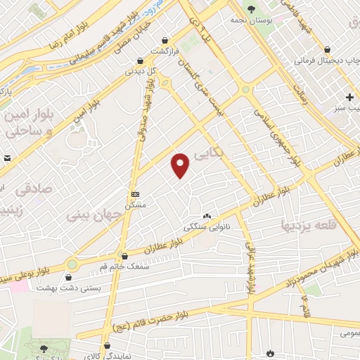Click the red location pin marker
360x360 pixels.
(181, 165)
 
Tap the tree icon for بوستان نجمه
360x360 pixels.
(252, 8)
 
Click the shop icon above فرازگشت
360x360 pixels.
(165, 41)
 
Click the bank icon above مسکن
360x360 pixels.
(135, 194)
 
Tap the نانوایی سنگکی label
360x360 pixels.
(202, 227)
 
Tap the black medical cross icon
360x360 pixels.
(349, 96)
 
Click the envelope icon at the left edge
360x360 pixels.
(5, 160)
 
